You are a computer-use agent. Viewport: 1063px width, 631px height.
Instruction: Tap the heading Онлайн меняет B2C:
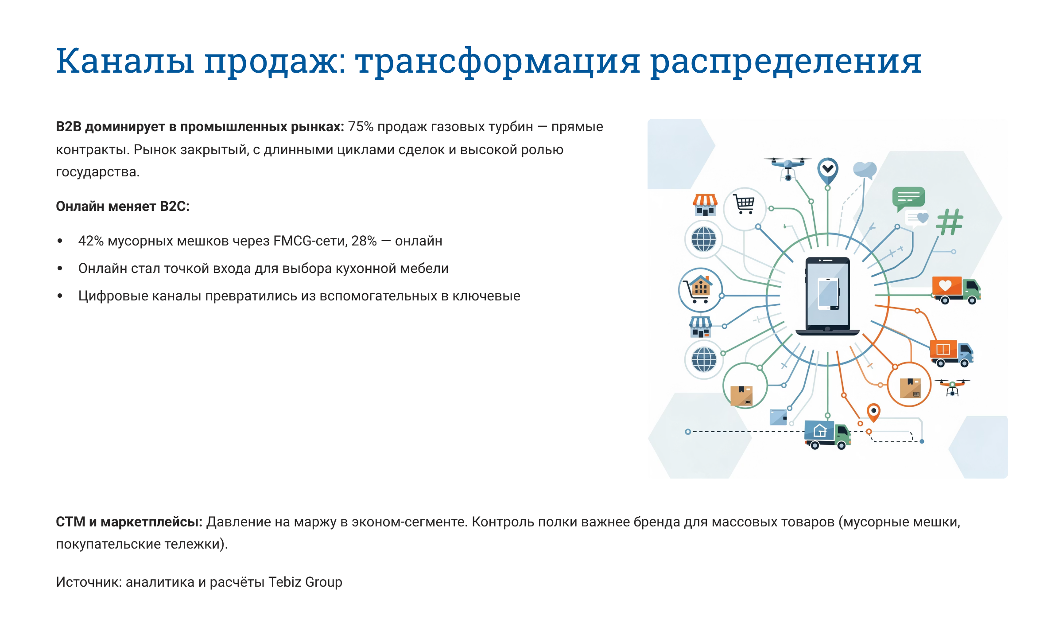coord(122,206)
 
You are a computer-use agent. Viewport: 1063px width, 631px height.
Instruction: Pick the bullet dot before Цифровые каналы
coord(60,296)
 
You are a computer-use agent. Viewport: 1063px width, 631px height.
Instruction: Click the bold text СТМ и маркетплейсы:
coord(128,522)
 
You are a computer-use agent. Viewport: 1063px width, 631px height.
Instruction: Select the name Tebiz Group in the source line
coord(305,582)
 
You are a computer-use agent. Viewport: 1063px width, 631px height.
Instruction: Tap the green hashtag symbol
coord(949,222)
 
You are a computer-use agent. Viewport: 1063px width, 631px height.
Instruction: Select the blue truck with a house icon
coord(827,434)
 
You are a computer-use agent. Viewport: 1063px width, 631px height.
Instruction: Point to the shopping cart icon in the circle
coord(745,205)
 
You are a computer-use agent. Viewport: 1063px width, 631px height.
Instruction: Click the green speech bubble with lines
coord(908,198)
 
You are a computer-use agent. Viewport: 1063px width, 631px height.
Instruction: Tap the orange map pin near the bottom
coord(873,412)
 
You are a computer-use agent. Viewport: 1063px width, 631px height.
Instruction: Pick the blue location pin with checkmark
coord(827,170)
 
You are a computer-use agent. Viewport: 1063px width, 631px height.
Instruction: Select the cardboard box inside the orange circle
coord(910,388)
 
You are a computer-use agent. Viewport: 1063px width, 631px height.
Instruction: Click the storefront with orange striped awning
coord(705,205)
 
